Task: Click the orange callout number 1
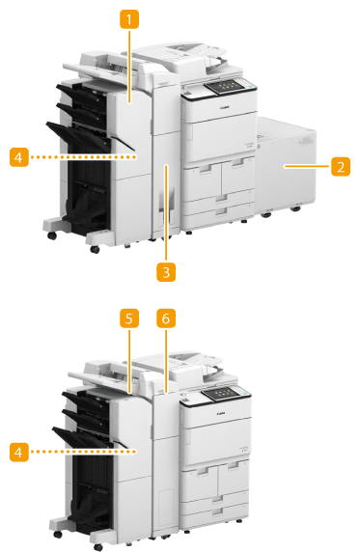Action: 129,19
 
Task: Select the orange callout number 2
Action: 341,166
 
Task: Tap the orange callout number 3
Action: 166,272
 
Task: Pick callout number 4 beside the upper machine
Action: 19,157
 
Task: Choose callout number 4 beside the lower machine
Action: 19,452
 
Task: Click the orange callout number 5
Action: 129,318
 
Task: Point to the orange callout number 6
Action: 166,318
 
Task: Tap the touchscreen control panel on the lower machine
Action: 220,393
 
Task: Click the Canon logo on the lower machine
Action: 222,413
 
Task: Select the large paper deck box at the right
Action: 285,167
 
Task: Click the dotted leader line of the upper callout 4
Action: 83,157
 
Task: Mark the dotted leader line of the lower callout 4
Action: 83,452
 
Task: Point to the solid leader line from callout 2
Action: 308,166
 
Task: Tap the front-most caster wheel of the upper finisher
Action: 95,249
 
